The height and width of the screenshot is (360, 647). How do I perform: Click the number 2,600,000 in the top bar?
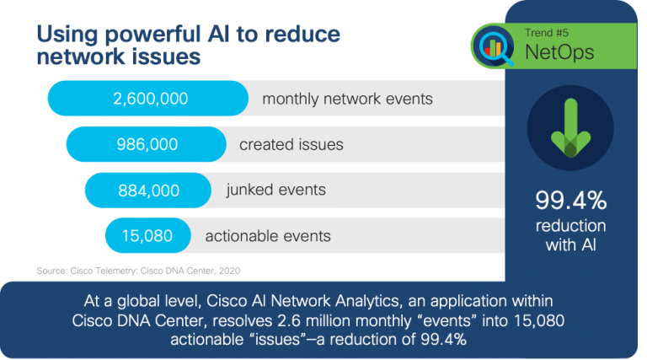coord(150,99)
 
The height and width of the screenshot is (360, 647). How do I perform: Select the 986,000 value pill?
coord(147,144)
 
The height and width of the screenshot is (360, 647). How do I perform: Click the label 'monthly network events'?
coord(347,99)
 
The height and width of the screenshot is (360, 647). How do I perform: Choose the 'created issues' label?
coord(291,144)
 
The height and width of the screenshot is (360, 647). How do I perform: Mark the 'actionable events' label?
coord(268,235)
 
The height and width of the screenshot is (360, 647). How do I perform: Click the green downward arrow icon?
coord(570,126)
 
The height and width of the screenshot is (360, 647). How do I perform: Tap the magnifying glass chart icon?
coord(495,46)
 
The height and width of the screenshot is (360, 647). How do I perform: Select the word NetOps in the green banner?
coord(559,52)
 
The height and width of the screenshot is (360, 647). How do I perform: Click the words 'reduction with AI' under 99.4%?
coord(570,235)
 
